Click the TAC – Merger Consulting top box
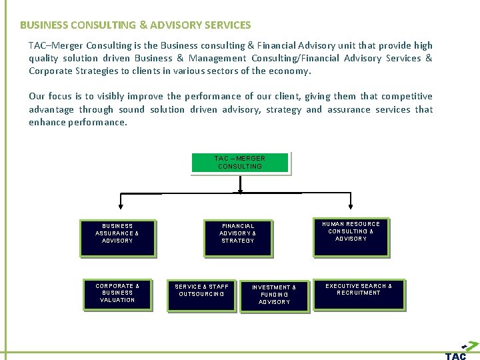[240, 163]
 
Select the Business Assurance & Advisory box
[117, 237]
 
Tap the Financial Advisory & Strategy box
[238, 237]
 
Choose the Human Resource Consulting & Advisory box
[351, 236]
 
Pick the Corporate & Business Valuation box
[117, 294]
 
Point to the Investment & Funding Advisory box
[274, 296]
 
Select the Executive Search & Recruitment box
[359, 293]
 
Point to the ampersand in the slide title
[143, 25]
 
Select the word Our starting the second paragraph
[37, 96]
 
